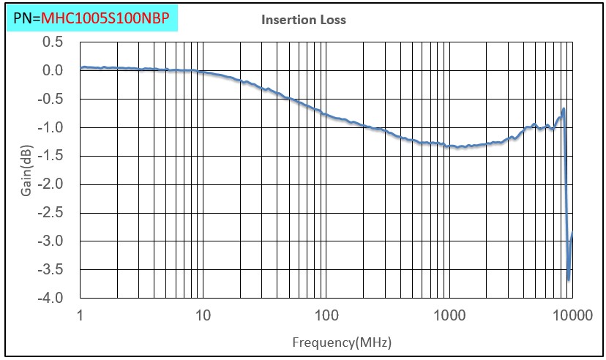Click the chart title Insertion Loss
click(304, 20)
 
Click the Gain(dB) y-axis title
click(26, 171)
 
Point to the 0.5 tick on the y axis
click(52, 42)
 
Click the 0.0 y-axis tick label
click(52, 70)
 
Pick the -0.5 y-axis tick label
click(50, 99)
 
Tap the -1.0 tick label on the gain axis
click(50, 127)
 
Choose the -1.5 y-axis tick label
click(50, 156)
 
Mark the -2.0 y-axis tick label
click(50, 184)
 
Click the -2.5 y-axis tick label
click(50, 213)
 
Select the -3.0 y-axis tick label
click(50, 241)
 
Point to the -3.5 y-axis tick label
click(50, 270)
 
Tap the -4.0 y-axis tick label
click(50, 299)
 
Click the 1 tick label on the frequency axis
click(79, 316)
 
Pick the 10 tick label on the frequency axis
click(203, 316)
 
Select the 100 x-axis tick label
click(326, 316)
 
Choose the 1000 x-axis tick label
click(449, 316)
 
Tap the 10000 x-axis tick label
click(572, 316)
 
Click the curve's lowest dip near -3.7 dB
click(569, 280)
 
